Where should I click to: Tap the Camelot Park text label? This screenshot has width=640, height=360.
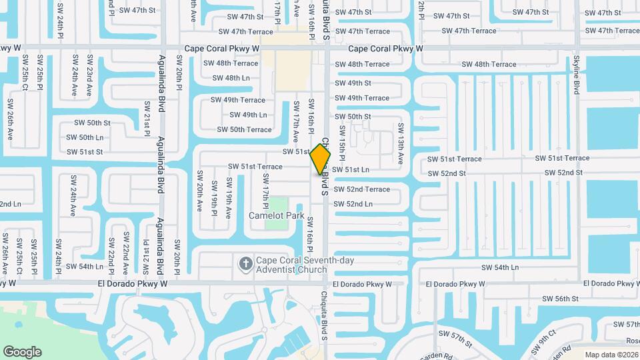coord(276,216)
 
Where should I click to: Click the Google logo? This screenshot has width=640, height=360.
coord(22,351)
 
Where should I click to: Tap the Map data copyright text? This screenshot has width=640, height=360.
coord(612,355)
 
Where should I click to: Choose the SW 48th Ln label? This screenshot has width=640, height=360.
coord(231,78)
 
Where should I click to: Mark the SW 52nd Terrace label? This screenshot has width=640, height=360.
coord(362,189)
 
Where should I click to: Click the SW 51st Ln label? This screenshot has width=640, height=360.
coord(351,170)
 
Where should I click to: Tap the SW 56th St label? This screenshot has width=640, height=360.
coord(559,299)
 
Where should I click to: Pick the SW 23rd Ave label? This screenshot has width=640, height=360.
coord(90,77)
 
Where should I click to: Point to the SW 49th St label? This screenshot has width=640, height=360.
coord(353,83)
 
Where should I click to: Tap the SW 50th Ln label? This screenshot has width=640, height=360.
coord(85,137)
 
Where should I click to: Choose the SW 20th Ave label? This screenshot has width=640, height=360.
coord(199,191)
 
